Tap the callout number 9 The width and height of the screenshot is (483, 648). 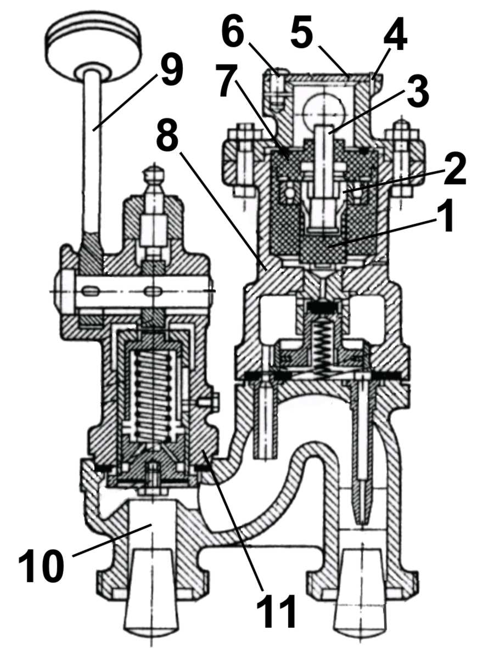click(170, 69)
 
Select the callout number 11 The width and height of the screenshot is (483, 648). click(276, 610)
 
